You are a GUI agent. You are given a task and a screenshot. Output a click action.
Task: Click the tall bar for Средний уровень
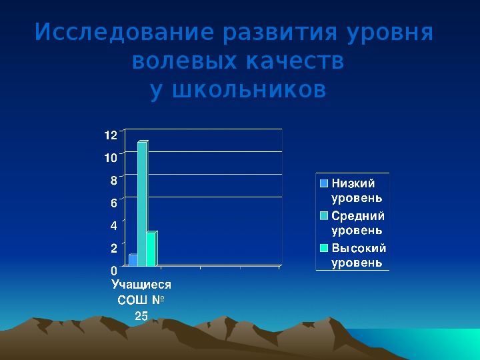[143, 203]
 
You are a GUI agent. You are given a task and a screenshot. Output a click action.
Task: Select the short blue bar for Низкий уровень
[133, 260]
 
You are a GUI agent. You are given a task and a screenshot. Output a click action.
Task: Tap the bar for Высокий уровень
[152, 249]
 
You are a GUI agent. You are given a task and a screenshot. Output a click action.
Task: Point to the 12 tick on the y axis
[111, 135]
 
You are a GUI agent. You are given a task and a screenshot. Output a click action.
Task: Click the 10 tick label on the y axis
[111, 157]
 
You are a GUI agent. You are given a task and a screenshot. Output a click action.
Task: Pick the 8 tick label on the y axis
[114, 180]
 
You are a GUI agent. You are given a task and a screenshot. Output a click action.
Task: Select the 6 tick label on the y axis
[114, 203]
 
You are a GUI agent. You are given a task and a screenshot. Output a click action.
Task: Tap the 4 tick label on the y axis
[114, 225]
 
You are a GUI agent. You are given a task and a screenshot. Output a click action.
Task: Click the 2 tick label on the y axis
[114, 248]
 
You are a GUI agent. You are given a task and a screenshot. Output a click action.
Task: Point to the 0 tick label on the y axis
[114, 271]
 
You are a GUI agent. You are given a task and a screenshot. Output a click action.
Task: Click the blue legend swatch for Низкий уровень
[324, 183]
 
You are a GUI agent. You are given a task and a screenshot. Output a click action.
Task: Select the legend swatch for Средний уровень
[324, 216]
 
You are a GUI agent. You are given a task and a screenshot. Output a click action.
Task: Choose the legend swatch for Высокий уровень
[324, 248]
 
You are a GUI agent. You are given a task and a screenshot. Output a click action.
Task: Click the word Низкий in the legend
[353, 183]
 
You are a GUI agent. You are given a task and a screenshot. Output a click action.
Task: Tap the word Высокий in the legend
[359, 248]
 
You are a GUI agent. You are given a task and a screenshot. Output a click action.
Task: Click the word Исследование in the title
[124, 32]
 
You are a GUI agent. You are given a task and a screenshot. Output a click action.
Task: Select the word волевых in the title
[185, 61]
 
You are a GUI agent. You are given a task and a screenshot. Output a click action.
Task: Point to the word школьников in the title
[249, 90]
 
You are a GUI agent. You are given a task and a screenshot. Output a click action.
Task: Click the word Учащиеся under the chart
[141, 285]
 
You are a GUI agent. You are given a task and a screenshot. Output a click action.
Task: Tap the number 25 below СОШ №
[141, 316]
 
